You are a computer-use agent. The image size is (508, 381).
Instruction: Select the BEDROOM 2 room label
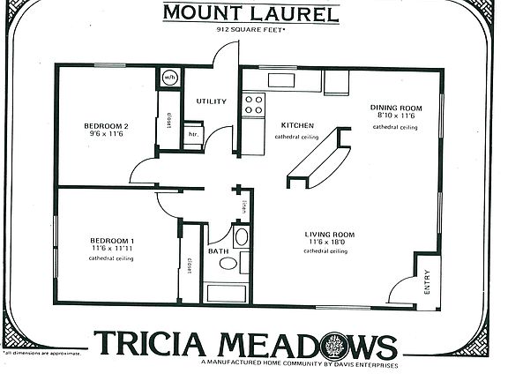[107, 126]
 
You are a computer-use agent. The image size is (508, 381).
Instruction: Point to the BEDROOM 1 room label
[112, 241]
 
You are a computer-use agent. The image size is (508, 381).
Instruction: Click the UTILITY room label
[212, 101]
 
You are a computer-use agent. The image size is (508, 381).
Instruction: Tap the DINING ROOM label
[395, 108]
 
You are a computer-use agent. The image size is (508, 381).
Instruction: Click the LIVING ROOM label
[330, 235]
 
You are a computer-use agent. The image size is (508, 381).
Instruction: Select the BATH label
[218, 251]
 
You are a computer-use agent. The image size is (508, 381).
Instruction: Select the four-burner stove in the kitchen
[254, 106]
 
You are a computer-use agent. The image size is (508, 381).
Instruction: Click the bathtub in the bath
[228, 292]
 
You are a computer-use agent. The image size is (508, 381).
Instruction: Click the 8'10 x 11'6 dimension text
[395, 116]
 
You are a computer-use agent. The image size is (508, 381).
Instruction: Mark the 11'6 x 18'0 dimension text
[330, 243]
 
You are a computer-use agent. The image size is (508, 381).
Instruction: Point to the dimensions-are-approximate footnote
[44, 353]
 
